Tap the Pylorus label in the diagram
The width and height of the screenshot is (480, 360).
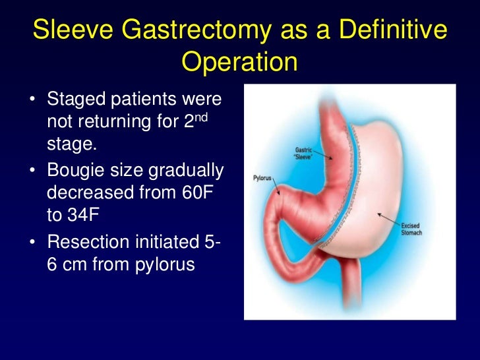click(x=263, y=178)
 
